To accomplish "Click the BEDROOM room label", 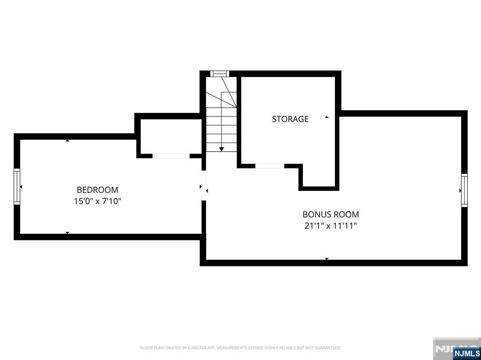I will click(97, 190).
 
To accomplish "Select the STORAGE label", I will click(290, 119).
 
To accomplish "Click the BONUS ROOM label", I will click(331, 214).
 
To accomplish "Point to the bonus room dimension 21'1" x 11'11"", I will click(331, 226).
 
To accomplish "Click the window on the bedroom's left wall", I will click(17, 187).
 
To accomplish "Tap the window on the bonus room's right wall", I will click(464, 190).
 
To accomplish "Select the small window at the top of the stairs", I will click(219, 73).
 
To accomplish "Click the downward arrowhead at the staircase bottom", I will click(221, 149).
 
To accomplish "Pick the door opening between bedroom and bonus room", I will click(203, 186).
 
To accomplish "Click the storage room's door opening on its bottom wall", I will click(270, 166).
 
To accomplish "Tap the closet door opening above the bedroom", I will click(171, 156).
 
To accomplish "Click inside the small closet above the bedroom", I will click(170, 136).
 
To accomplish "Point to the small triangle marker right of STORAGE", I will click(326, 117).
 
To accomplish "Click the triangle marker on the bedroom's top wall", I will click(67, 140).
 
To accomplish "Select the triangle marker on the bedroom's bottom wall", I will click(67, 233).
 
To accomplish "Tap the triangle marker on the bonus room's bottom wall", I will click(326, 259).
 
